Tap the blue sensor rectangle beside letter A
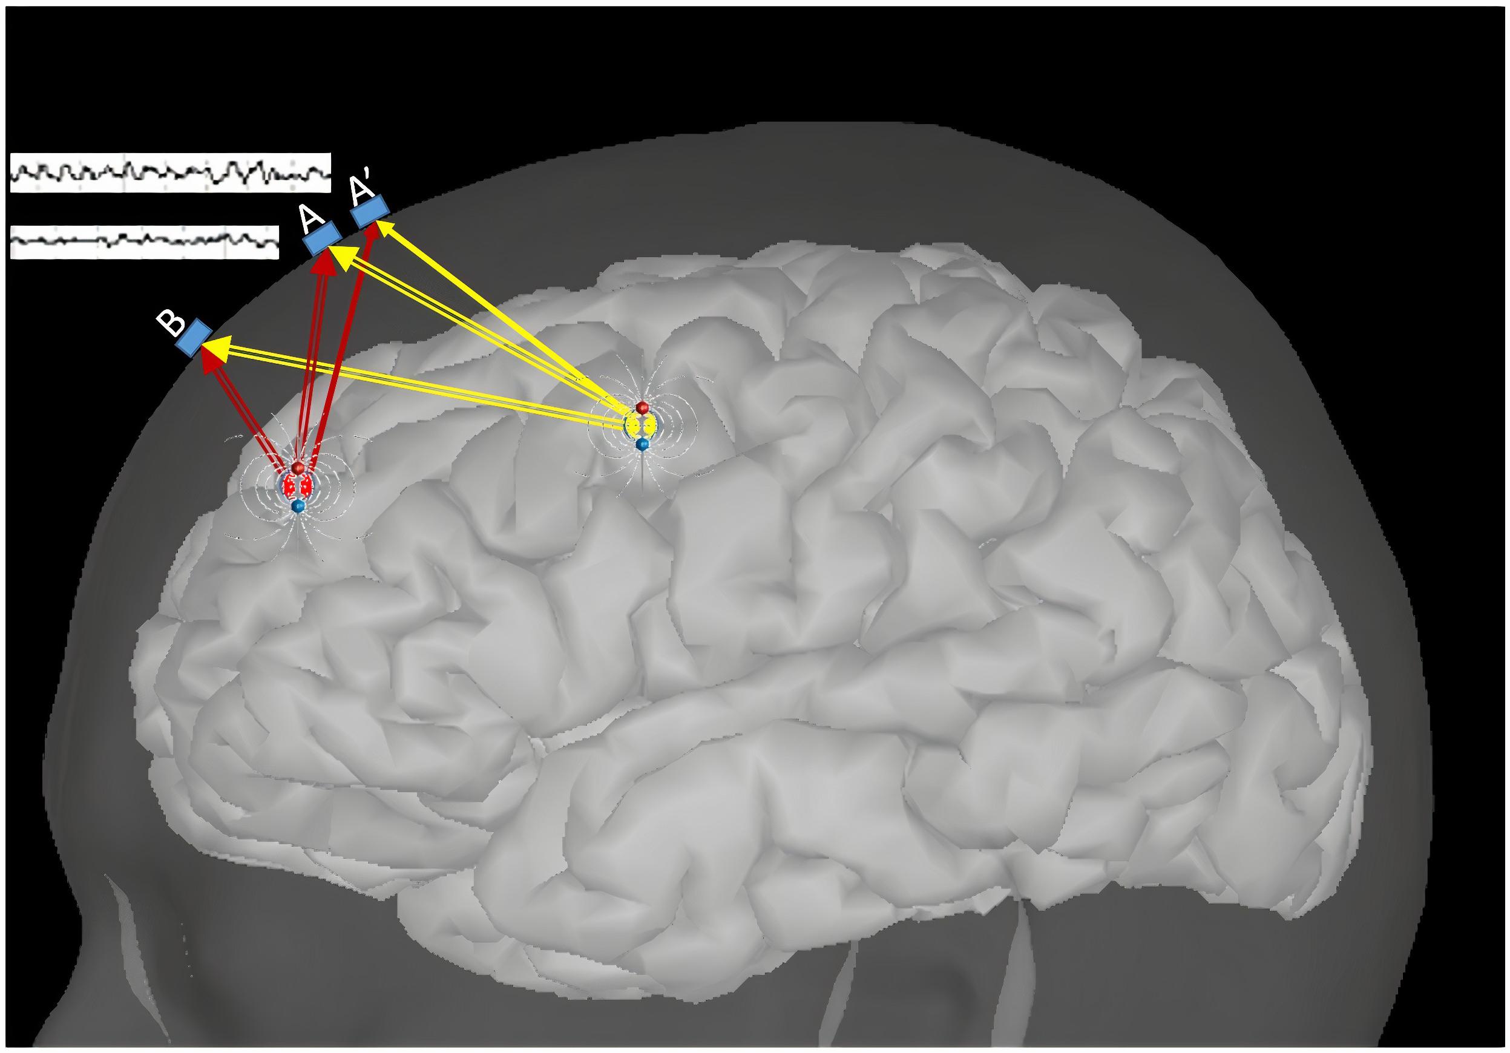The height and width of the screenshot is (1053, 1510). point(322,238)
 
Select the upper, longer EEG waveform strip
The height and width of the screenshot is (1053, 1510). point(170,172)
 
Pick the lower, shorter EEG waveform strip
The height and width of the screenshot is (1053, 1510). point(145,241)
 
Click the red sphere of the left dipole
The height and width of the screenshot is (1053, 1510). point(298,468)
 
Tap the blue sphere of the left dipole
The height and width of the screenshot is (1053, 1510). point(298,505)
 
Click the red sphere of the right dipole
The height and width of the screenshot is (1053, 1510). point(643,407)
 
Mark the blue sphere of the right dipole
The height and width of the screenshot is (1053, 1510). point(643,445)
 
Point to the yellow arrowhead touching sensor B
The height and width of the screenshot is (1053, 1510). point(222,344)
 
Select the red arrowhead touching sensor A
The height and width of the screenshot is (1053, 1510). point(323,263)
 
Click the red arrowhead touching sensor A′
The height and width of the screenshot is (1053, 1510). point(370,232)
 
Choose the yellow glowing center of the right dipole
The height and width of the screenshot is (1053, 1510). point(642,425)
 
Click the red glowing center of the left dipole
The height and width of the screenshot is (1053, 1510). point(298,486)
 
